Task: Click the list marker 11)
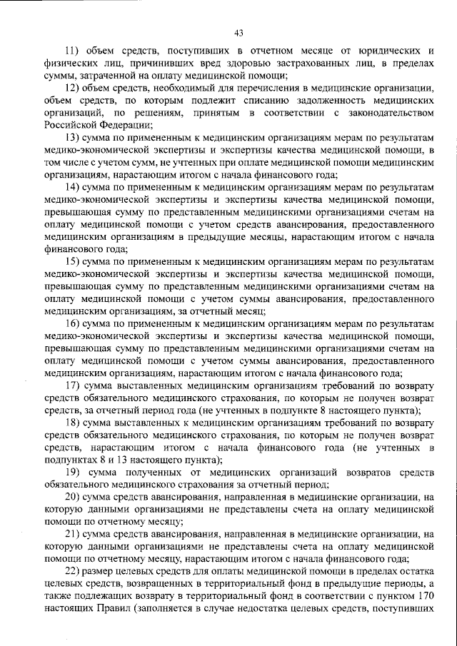(x=73, y=51)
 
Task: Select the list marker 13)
(x=73, y=136)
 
